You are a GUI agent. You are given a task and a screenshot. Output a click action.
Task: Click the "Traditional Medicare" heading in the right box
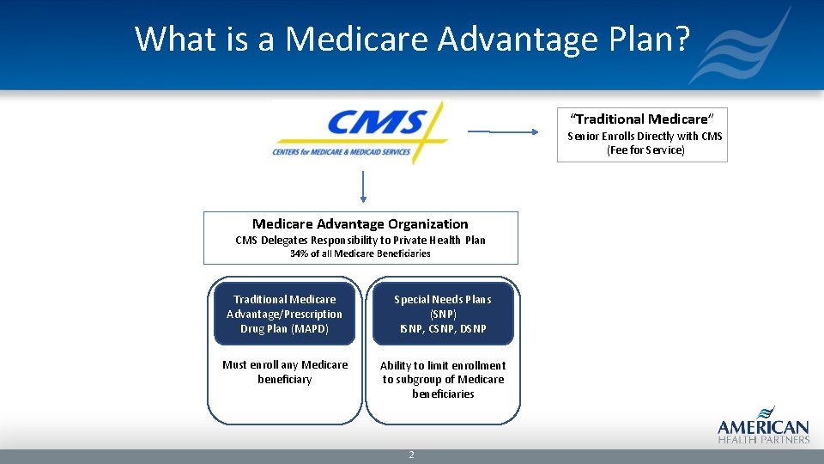[x=642, y=119]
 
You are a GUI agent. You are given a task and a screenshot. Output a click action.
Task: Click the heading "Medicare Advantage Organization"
[x=360, y=223]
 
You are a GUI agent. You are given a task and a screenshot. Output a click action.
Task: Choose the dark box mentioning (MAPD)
[x=284, y=314]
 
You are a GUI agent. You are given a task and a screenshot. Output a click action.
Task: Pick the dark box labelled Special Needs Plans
[x=443, y=314]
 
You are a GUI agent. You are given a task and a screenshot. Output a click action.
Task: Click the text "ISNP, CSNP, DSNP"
[x=443, y=328]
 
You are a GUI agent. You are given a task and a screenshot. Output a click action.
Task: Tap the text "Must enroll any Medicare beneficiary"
[x=285, y=372]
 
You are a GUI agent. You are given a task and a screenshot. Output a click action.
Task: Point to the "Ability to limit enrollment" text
[x=443, y=365]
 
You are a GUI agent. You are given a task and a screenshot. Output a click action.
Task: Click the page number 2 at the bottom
[x=412, y=455]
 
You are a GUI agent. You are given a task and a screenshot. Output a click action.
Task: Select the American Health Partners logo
[x=763, y=424]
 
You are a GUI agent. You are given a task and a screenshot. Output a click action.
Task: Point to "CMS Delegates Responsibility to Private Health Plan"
[x=360, y=240]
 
